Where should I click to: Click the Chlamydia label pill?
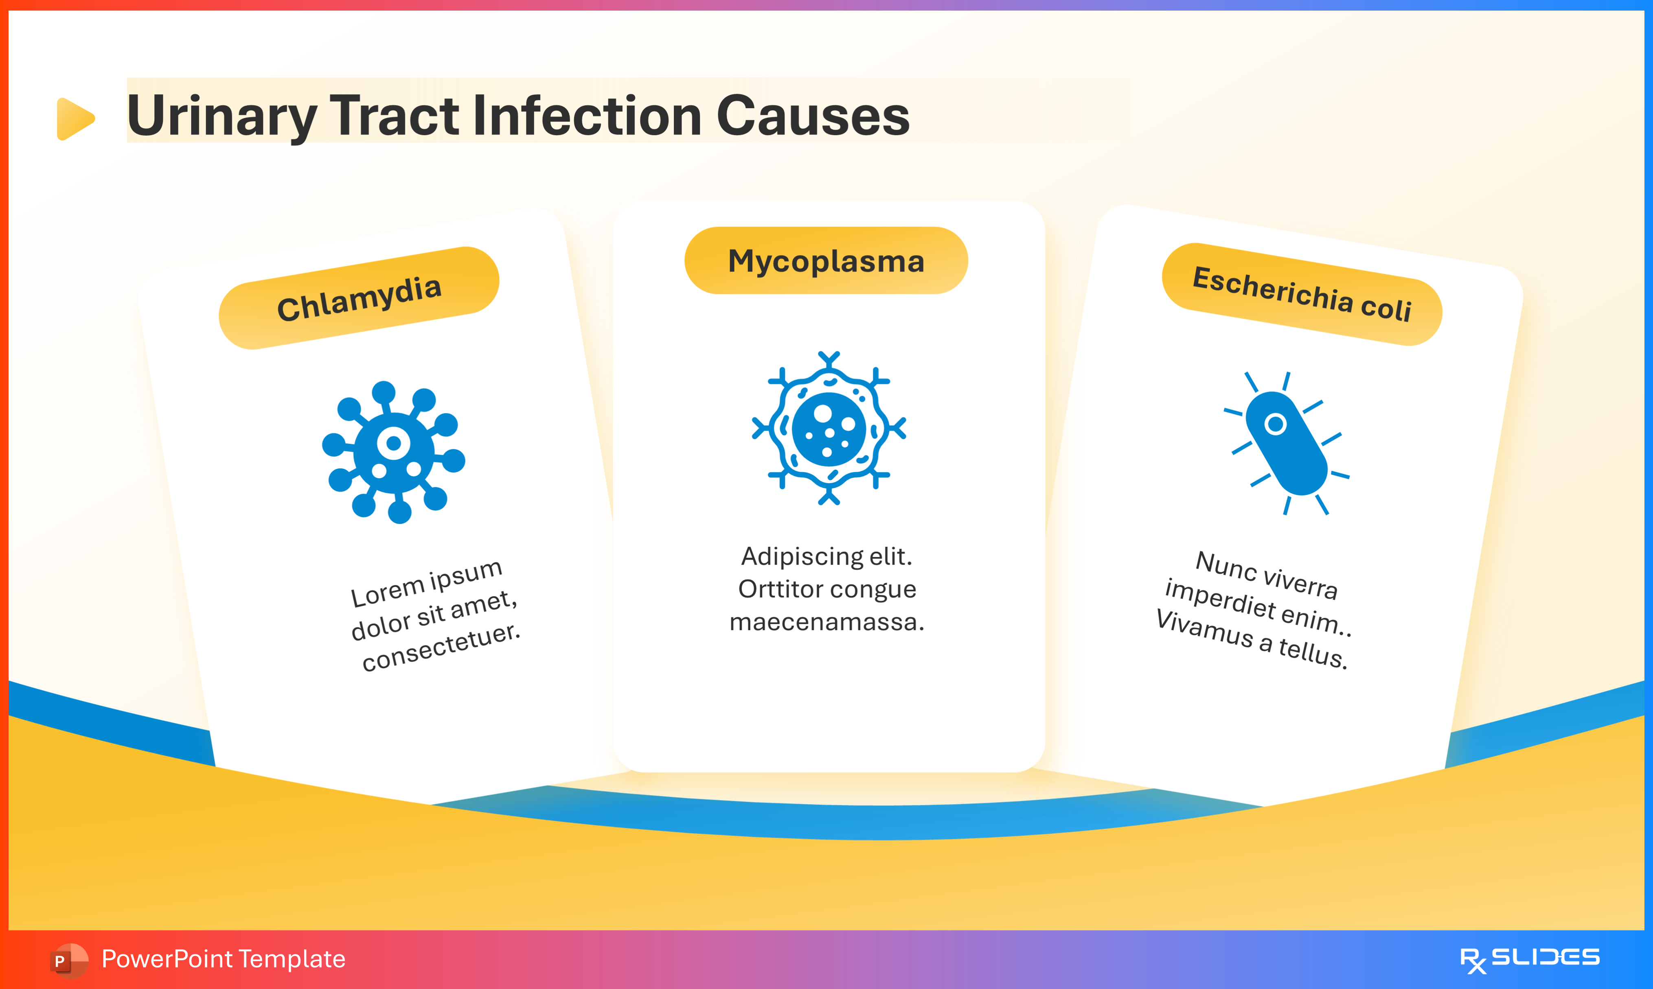click(x=359, y=298)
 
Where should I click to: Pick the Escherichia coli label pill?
click(x=1301, y=294)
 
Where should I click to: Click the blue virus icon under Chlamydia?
click(x=393, y=452)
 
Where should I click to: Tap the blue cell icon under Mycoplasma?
click(x=829, y=428)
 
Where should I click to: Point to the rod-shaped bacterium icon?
click(x=1287, y=443)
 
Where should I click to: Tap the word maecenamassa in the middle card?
click(x=826, y=622)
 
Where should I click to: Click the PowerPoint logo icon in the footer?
click(x=68, y=960)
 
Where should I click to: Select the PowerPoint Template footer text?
click(x=223, y=959)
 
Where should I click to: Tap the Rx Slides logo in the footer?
click(x=1529, y=959)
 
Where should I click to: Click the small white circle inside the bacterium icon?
click(x=1275, y=424)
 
